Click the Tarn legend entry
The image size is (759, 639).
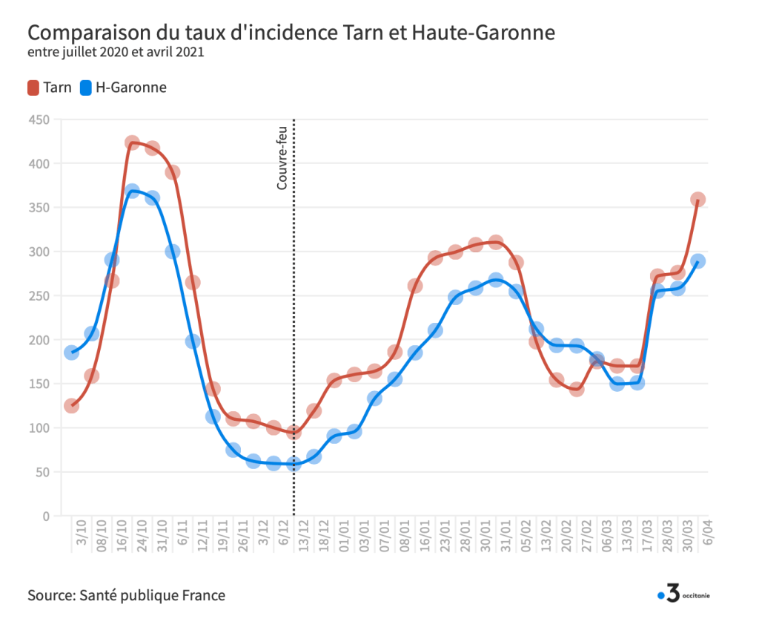click(50, 88)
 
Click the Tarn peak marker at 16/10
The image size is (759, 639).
click(132, 142)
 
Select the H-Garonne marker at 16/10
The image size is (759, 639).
click(132, 191)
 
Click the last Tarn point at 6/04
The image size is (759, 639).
click(697, 200)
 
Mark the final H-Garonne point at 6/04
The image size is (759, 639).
click(697, 261)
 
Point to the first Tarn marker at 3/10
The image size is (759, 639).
click(71, 406)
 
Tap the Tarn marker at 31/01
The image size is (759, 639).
click(496, 242)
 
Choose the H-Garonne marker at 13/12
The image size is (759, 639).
click(294, 464)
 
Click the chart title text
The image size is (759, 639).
click(291, 34)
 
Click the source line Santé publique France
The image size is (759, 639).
click(127, 595)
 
